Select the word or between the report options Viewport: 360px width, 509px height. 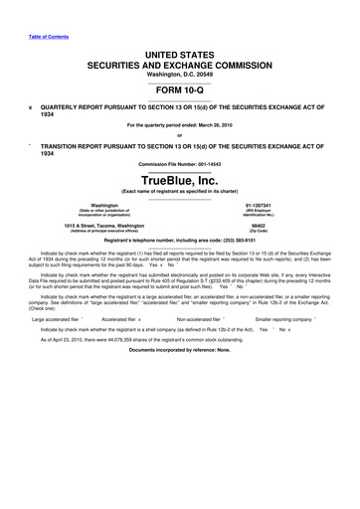pyautogui.click(x=179, y=135)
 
